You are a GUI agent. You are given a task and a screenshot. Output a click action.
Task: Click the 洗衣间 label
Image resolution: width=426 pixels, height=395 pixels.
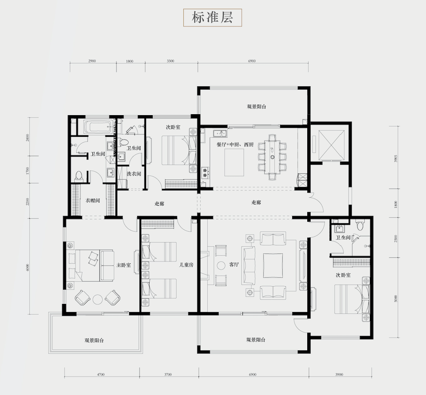pyautogui.click(x=134, y=174)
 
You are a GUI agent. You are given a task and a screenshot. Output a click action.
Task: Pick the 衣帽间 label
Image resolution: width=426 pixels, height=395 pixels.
pyautogui.click(x=92, y=201)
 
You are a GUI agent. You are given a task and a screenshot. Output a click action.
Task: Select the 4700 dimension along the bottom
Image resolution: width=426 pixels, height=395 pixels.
pyautogui.click(x=101, y=374)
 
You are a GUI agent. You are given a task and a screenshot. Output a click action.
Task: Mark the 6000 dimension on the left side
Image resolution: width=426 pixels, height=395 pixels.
pyautogui.click(x=29, y=267)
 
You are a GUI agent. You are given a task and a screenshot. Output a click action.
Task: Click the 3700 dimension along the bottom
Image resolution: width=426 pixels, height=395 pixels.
pyautogui.click(x=168, y=374)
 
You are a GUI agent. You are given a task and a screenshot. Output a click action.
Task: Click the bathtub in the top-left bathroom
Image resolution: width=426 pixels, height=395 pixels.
pyautogui.click(x=98, y=126)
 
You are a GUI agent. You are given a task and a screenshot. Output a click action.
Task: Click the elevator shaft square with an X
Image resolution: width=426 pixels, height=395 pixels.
pyautogui.click(x=331, y=142)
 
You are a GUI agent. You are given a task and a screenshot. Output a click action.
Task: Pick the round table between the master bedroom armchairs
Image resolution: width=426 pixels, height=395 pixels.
pyautogui.click(x=98, y=299)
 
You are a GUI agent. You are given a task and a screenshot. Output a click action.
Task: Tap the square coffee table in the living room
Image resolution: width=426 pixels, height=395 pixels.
pyautogui.click(x=273, y=265)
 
